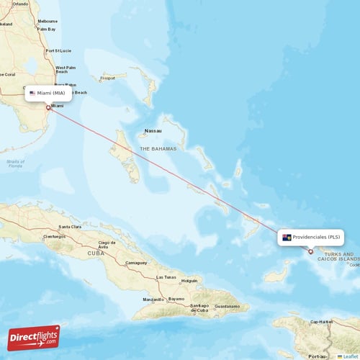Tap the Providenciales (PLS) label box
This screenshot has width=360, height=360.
[x=311, y=237]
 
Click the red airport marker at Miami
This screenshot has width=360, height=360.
[x=48, y=108]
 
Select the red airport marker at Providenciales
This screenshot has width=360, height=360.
[x=311, y=251]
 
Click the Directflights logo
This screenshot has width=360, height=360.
[x=34, y=337]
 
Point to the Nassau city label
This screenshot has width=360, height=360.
[x=153, y=131]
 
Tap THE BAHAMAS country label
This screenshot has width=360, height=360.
[x=157, y=148]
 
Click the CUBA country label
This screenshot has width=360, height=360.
[x=96, y=253]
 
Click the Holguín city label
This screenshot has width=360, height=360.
[x=189, y=280]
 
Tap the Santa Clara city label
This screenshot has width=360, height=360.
[x=70, y=227]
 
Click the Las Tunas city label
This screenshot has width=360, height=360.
[x=166, y=277]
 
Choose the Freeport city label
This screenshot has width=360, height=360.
[x=108, y=77]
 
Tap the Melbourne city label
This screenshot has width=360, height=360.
[x=48, y=21]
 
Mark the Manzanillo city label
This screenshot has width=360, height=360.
[x=153, y=299]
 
